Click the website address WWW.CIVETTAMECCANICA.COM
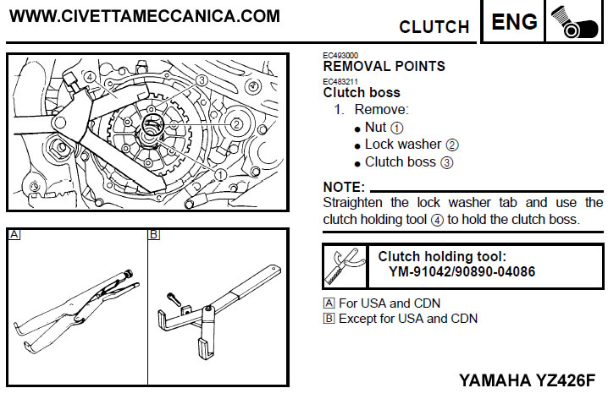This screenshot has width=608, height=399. click(x=145, y=16)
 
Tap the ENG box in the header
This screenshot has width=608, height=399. click(x=515, y=22)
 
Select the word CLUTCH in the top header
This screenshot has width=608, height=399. click(x=434, y=27)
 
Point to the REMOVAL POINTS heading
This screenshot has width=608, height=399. click(x=384, y=66)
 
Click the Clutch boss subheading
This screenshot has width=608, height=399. click(x=362, y=93)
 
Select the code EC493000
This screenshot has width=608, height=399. click(x=340, y=56)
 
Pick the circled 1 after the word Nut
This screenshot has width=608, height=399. click(x=397, y=128)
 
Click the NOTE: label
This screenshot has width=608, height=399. click(x=344, y=186)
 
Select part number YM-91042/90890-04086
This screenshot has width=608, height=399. click(x=462, y=272)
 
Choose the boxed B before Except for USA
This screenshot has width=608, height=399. click(x=329, y=319)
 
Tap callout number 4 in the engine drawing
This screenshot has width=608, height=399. click(x=88, y=76)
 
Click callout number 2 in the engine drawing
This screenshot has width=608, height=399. click(x=236, y=124)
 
